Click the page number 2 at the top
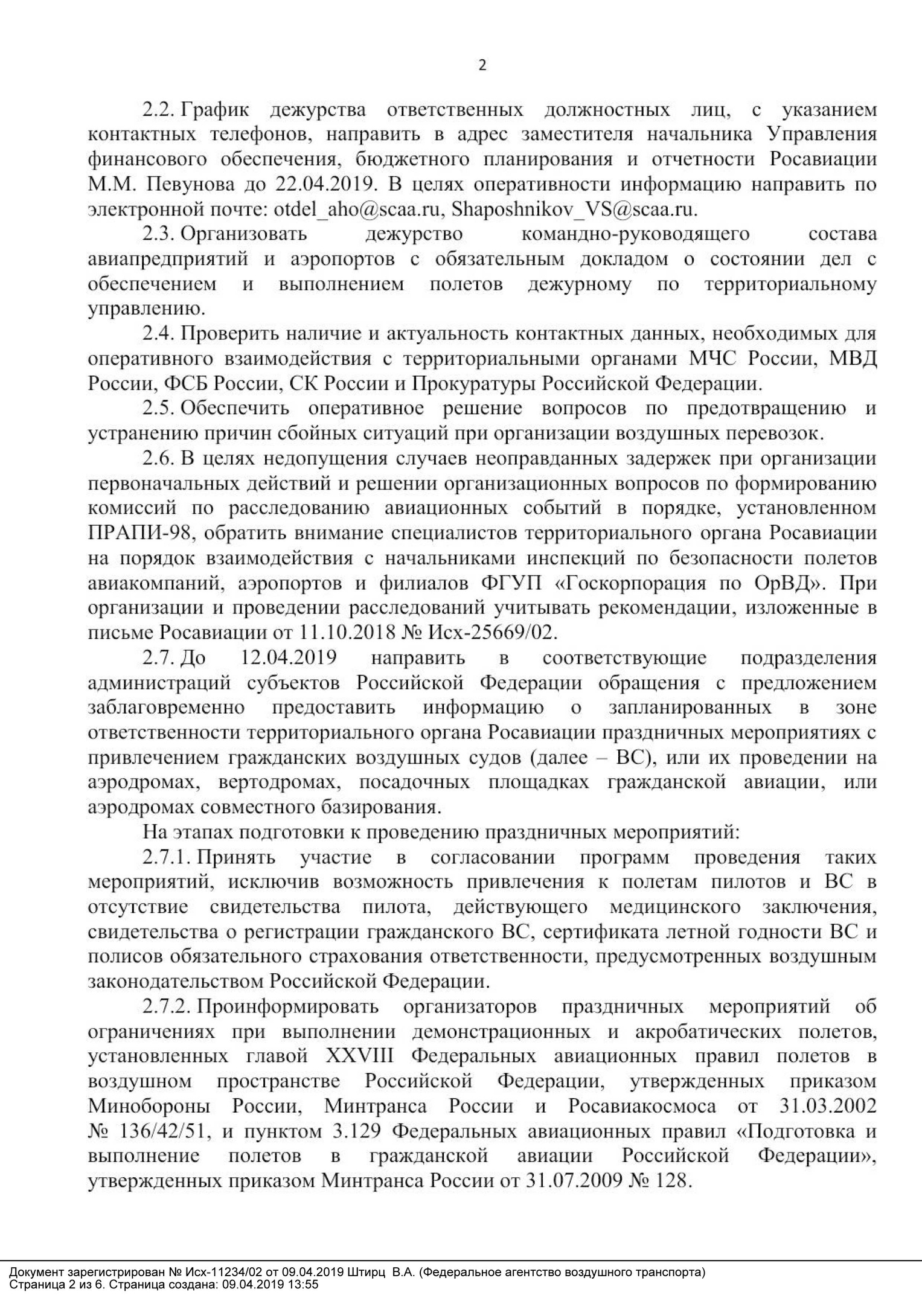[x=482, y=66]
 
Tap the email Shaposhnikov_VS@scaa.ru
[x=574, y=210]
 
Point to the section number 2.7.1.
[x=167, y=858]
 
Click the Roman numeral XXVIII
[x=360, y=1057]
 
